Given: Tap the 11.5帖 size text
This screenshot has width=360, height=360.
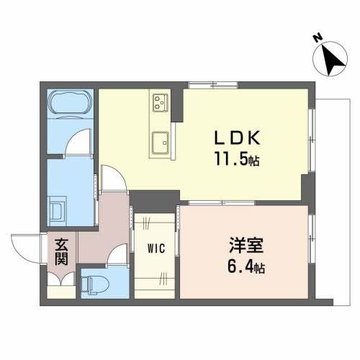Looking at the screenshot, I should (235, 161).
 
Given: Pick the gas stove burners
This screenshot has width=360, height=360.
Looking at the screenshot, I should (159, 104).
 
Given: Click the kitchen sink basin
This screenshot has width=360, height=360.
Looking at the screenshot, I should (158, 140).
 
